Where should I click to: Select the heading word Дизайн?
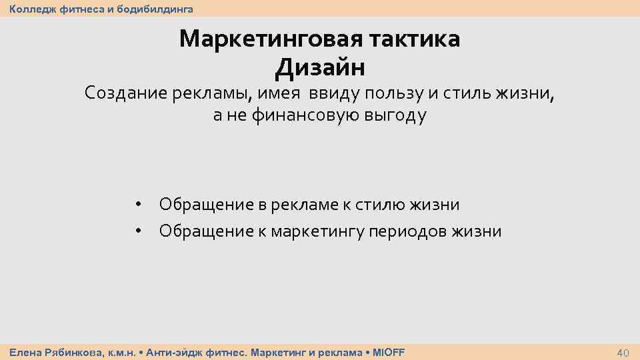pos(319,67)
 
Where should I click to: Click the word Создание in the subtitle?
pos(124,93)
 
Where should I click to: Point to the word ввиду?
pos(331,93)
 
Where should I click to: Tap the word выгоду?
pos(395,116)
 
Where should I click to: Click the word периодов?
pos(415,231)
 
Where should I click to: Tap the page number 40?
pos(623,352)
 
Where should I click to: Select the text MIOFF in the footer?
pos(388,352)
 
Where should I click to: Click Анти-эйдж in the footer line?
pos(169,352)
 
